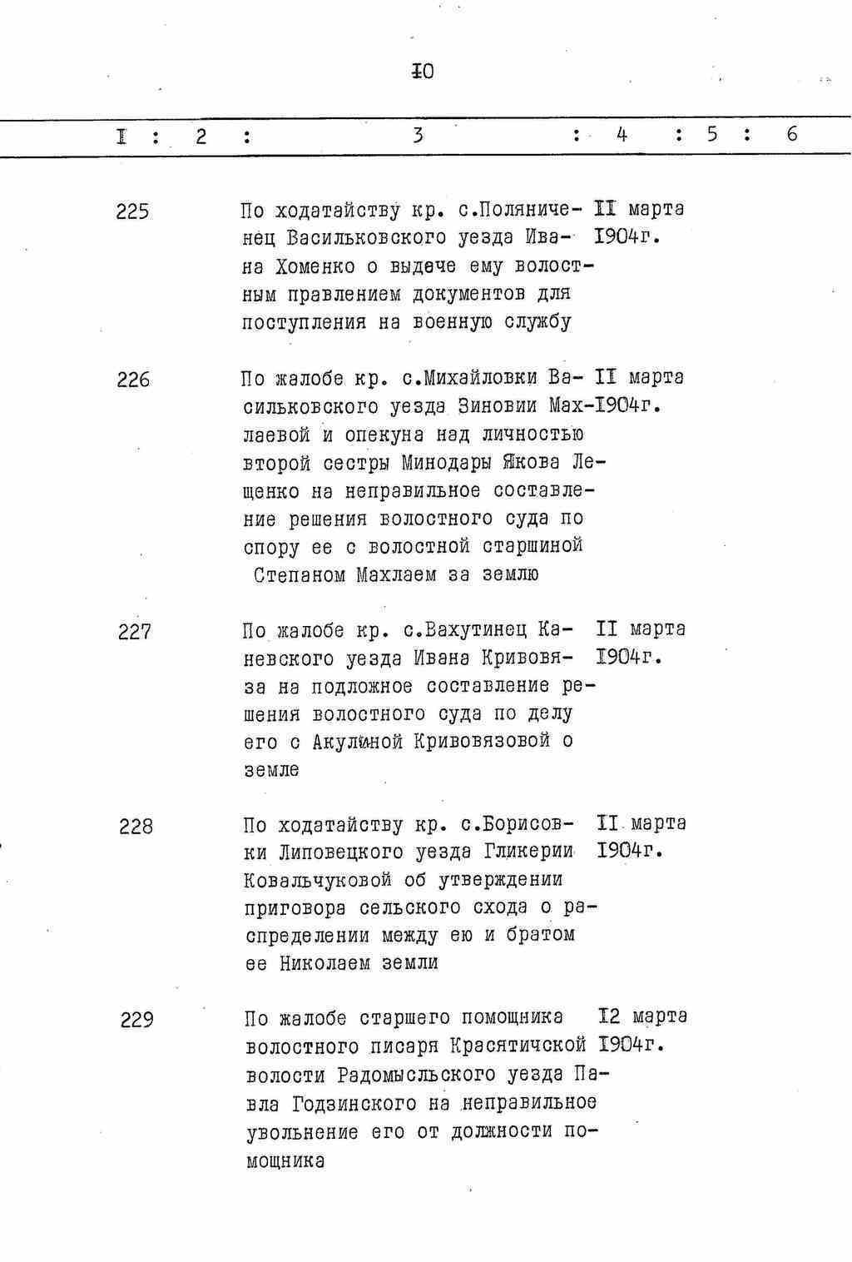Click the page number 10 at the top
(423, 72)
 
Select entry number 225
(133, 211)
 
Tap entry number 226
(133, 380)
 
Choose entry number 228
(136, 827)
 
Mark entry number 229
(136, 1020)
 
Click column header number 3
(418, 134)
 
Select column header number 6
(791, 134)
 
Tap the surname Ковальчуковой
(318, 881)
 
